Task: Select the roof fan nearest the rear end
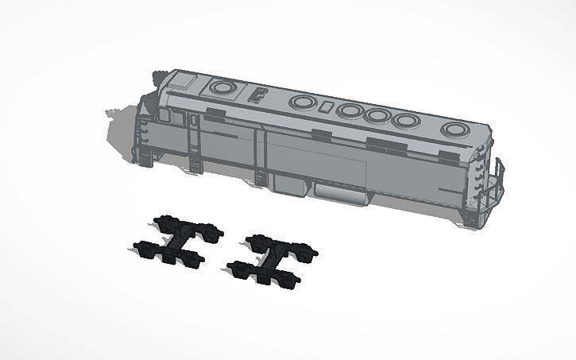click(x=456, y=130)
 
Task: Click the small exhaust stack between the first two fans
click(x=258, y=95)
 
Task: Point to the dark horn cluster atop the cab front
click(x=158, y=77)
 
